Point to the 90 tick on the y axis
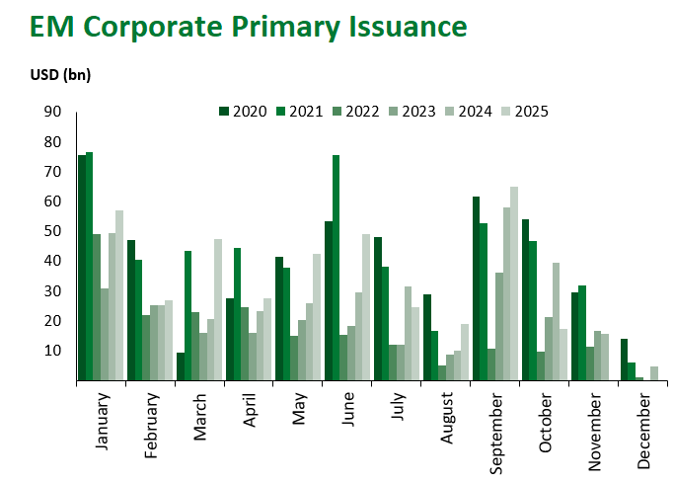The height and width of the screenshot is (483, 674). tap(52, 112)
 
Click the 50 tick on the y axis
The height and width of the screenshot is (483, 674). tap(52, 231)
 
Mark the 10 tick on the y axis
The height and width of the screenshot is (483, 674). tap(52, 351)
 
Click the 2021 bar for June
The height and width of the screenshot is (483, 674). tap(337, 267)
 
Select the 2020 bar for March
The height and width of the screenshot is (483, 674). tap(181, 366)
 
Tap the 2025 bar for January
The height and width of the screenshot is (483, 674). tap(119, 295)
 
